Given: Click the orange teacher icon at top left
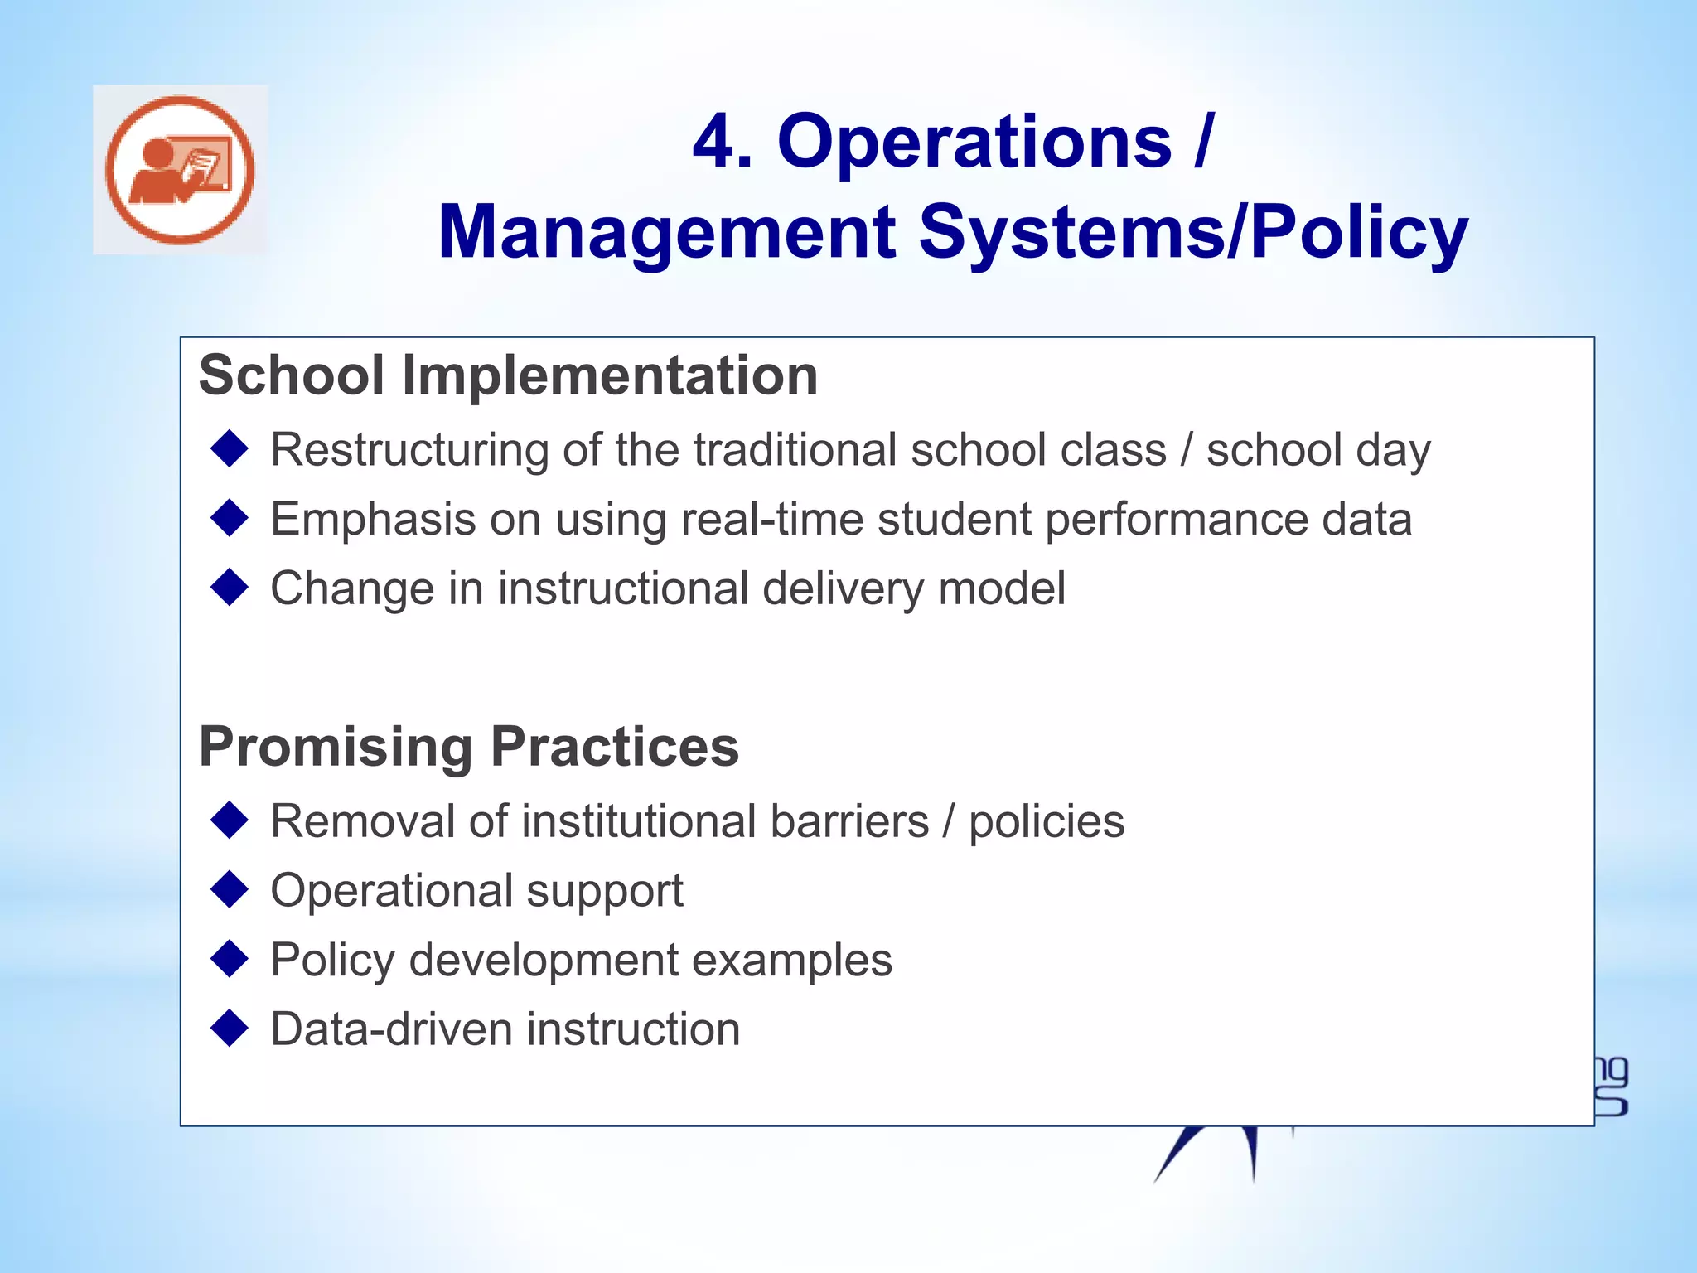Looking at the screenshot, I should pyautogui.click(x=180, y=170).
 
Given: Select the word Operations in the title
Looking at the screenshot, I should pyautogui.click(x=974, y=142).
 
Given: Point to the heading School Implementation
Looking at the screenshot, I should pyautogui.click(x=508, y=375).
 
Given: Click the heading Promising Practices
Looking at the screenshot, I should pyautogui.click(x=468, y=747).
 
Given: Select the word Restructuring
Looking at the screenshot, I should pyautogui.click(x=409, y=450).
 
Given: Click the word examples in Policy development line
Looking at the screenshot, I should pyautogui.click(x=791, y=961).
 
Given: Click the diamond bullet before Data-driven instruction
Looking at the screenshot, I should pyautogui.click(x=230, y=1029).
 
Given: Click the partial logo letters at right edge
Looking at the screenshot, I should pyautogui.click(x=1611, y=1087).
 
